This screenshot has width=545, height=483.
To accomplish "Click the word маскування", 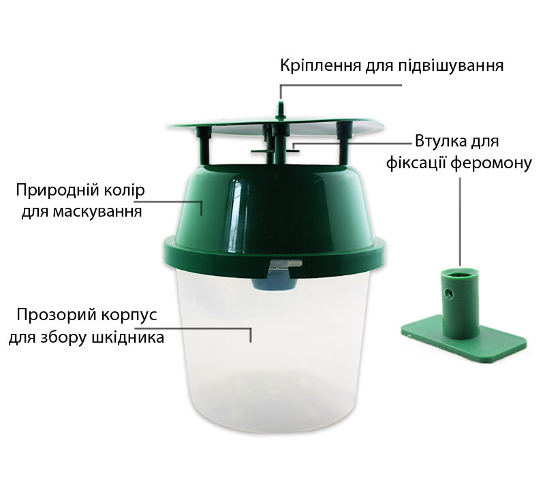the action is tap(97, 212).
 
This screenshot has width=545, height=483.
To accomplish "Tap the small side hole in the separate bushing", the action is tap(449, 295).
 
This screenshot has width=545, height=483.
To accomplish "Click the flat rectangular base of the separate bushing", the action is tap(464, 338).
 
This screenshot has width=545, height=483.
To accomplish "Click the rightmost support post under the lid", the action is tap(344, 142).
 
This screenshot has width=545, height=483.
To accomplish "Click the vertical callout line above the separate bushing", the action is tap(461, 221).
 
